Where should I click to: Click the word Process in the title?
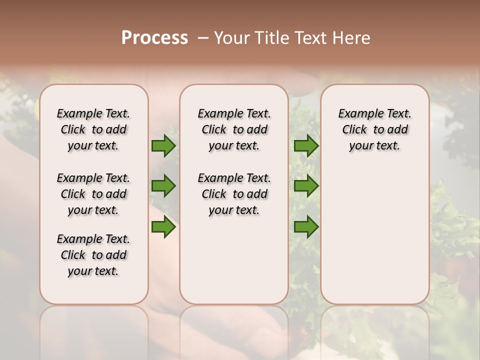154,38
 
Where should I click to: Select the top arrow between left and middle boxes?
163,145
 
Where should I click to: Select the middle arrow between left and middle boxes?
163,186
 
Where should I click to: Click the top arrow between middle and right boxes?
306,145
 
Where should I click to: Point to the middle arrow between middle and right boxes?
306,186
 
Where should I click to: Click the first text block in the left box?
93,129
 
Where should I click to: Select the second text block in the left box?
93,194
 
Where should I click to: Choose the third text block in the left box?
93,255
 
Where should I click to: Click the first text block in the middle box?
234,129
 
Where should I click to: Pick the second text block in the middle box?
234,194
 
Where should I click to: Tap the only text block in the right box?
374,129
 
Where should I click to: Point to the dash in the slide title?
203,38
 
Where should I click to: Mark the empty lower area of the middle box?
234,260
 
